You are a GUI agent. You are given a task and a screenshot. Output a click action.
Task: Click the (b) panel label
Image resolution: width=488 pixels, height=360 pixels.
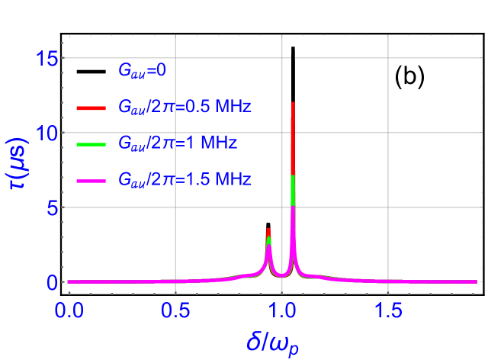click(x=409, y=76)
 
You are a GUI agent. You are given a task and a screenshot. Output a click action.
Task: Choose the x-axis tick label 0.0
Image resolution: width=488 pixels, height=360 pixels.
click(x=69, y=310)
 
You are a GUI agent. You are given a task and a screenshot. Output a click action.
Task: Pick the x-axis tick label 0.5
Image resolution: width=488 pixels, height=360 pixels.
click(x=175, y=310)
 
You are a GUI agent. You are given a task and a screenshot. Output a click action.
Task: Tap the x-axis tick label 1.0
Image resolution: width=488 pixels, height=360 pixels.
click(x=282, y=310)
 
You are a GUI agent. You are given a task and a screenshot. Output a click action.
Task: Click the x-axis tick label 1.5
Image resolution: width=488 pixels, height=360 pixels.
click(x=389, y=310)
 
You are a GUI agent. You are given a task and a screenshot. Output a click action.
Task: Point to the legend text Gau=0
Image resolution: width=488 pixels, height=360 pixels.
click(x=142, y=71)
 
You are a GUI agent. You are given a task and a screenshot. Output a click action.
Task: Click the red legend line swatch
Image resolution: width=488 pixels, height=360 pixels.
click(x=94, y=108)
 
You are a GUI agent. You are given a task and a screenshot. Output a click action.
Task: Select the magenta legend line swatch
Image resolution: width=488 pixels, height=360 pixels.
click(x=94, y=180)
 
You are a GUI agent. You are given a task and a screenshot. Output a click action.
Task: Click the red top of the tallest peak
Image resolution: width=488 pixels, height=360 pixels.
click(x=293, y=104)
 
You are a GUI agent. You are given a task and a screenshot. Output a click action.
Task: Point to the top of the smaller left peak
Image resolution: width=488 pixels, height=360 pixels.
click(x=268, y=230)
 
